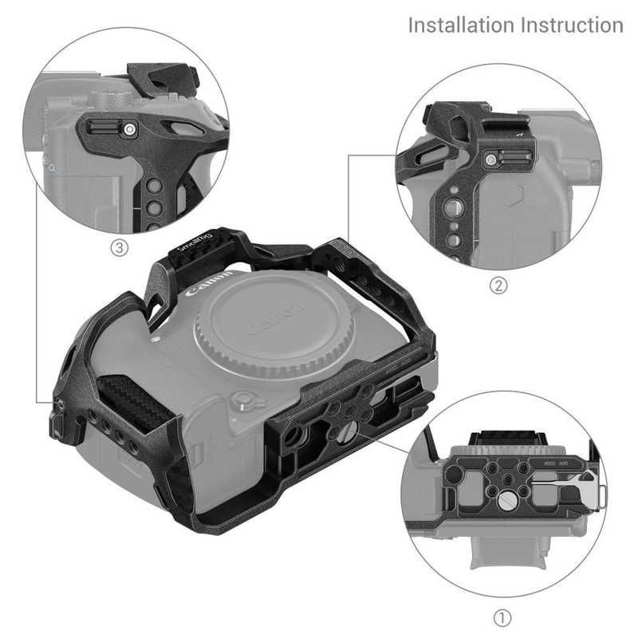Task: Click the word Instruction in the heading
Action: pyautogui.click(x=572, y=24)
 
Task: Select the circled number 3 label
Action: pyautogui.click(x=119, y=248)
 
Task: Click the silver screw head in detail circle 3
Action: pyautogui.click(x=128, y=128)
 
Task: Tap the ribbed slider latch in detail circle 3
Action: pyautogui.click(x=103, y=126)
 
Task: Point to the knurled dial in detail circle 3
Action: pyautogui.click(x=104, y=100)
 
